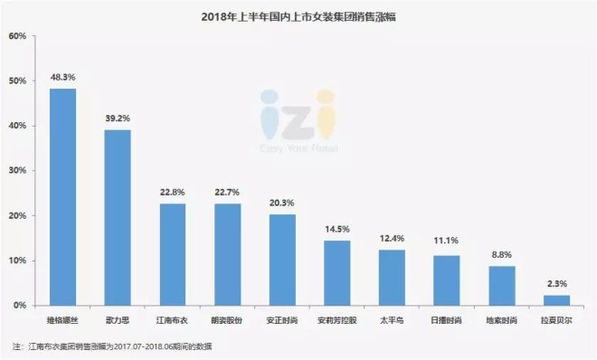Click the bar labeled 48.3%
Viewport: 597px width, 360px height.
tap(62, 197)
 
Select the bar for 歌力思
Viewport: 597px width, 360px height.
tap(118, 218)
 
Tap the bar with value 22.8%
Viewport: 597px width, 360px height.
tap(173, 254)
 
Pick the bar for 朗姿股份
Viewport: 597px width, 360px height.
tap(227, 255)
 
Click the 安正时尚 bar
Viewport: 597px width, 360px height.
tap(282, 261)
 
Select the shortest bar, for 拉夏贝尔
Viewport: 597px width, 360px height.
tap(556, 300)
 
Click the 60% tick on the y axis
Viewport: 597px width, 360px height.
tap(16, 36)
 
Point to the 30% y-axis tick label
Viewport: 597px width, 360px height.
tap(16, 171)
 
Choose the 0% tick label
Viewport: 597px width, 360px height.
tap(19, 306)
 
